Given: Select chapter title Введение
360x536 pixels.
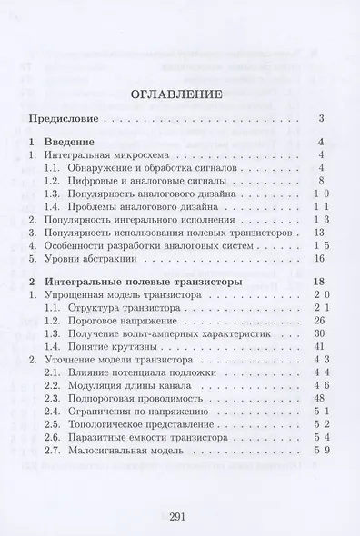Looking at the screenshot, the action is (74, 143).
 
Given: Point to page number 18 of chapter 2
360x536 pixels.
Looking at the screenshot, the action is (319, 283).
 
